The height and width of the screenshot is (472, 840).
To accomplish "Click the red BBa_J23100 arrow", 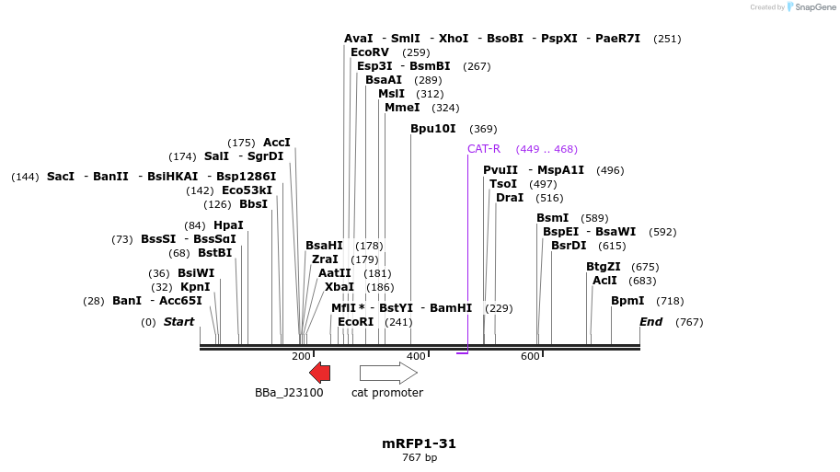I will tap(319, 373).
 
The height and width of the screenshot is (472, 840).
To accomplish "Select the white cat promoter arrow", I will tap(387, 373).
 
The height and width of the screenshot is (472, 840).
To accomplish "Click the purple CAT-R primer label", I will tap(484, 149).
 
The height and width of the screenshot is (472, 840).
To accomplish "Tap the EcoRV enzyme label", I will tap(370, 52).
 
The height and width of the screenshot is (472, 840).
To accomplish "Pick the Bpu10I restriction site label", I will tap(432, 129).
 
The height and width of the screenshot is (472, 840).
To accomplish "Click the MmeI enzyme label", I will tap(402, 108).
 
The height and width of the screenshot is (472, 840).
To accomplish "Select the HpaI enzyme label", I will tap(228, 225).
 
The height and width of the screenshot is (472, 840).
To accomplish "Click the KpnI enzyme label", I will tap(195, 287).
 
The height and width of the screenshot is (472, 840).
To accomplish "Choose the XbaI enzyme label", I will tap(339, 287).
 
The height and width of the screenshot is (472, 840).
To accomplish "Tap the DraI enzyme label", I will tap(510, 198).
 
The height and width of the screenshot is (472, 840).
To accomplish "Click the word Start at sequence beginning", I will tap(179, 322).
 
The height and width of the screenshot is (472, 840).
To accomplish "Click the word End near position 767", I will tap(651, 322).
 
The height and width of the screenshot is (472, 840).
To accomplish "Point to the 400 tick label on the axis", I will tap(417, 357).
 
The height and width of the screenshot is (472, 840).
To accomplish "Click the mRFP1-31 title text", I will tap(419, 443).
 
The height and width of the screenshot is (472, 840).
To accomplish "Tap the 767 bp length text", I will tap(419, 457).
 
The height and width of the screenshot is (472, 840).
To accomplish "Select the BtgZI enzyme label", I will tap(604, 267).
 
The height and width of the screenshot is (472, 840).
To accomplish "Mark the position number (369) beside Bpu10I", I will tap(483, 130).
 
